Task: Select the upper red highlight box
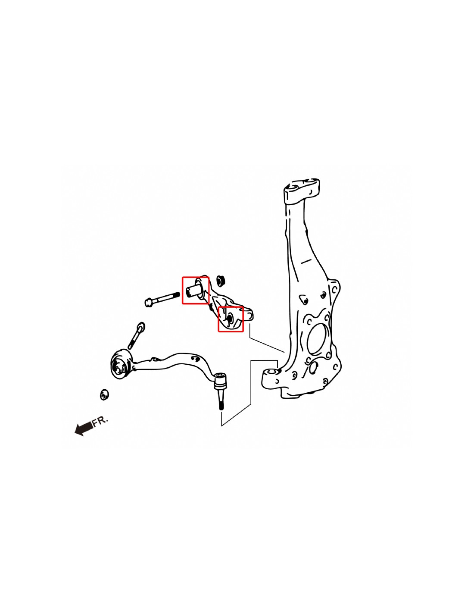point(195,290)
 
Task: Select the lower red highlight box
point(231,319)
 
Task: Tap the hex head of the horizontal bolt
point(149,303)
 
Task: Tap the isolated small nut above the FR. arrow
point(105,394)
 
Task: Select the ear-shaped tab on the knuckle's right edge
point(334,291)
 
